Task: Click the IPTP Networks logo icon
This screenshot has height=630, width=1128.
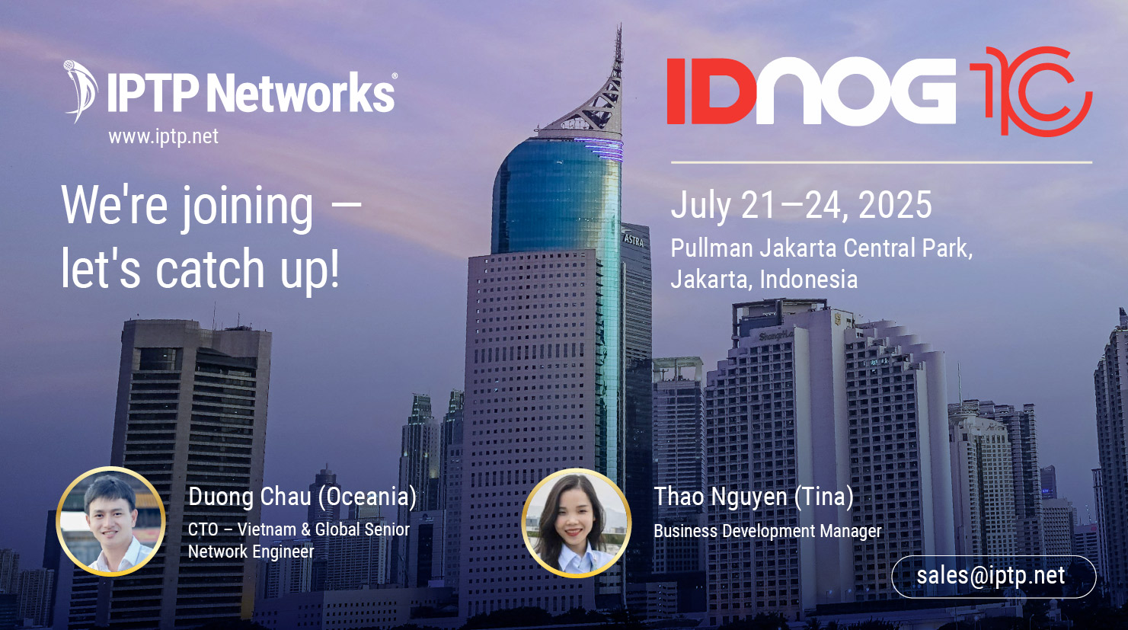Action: pyautogui.click(x=80, y=91)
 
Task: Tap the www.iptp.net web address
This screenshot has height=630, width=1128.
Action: pyautogui.click(x=163, y=136)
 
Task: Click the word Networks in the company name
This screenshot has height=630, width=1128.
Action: pyautogui.click(x=301, y=93)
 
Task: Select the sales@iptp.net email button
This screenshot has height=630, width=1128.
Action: pyautogui.click(x=992, y=576)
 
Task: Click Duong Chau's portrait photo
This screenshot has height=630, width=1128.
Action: pyautogui.click(x=111, y=521)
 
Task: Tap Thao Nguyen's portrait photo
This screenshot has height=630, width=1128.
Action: pyautogui.click(x=576, y=523)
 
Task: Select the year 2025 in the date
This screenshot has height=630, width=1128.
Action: pyautogui.click(x=895, y=205)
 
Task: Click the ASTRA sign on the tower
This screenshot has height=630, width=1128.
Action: pyautogui.click(x=634, y=240)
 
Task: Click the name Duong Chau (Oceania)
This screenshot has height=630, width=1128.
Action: pyautogui.click(x=302, y=497)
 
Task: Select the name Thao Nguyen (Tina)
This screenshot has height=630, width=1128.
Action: pyautogui.click(x=753, y=497)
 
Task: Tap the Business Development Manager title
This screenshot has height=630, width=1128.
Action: pyautogui.click(x=767, y=531)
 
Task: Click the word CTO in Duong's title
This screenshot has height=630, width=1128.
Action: pyautogui.click(x=203, y=529)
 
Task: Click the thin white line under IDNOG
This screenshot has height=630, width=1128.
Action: pyautogui.click(x=880, y=162)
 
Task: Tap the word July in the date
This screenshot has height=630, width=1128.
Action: pyautogui.click(x=701, y=206)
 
